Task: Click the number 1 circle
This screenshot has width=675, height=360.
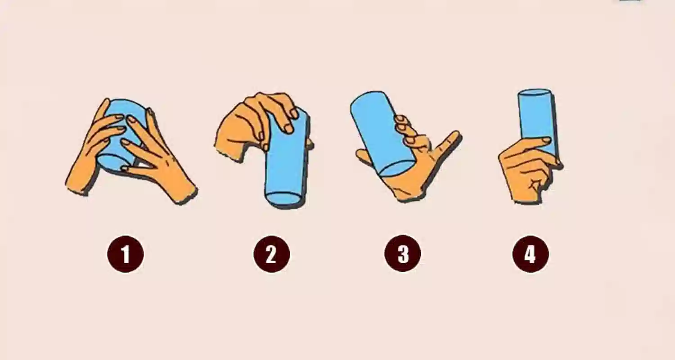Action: tap(126, 254)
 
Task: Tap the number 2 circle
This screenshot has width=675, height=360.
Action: tap(271, 254)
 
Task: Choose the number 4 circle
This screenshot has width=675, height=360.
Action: tap(531, 254)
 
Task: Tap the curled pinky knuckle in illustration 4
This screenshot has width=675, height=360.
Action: tap(535, 183)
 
